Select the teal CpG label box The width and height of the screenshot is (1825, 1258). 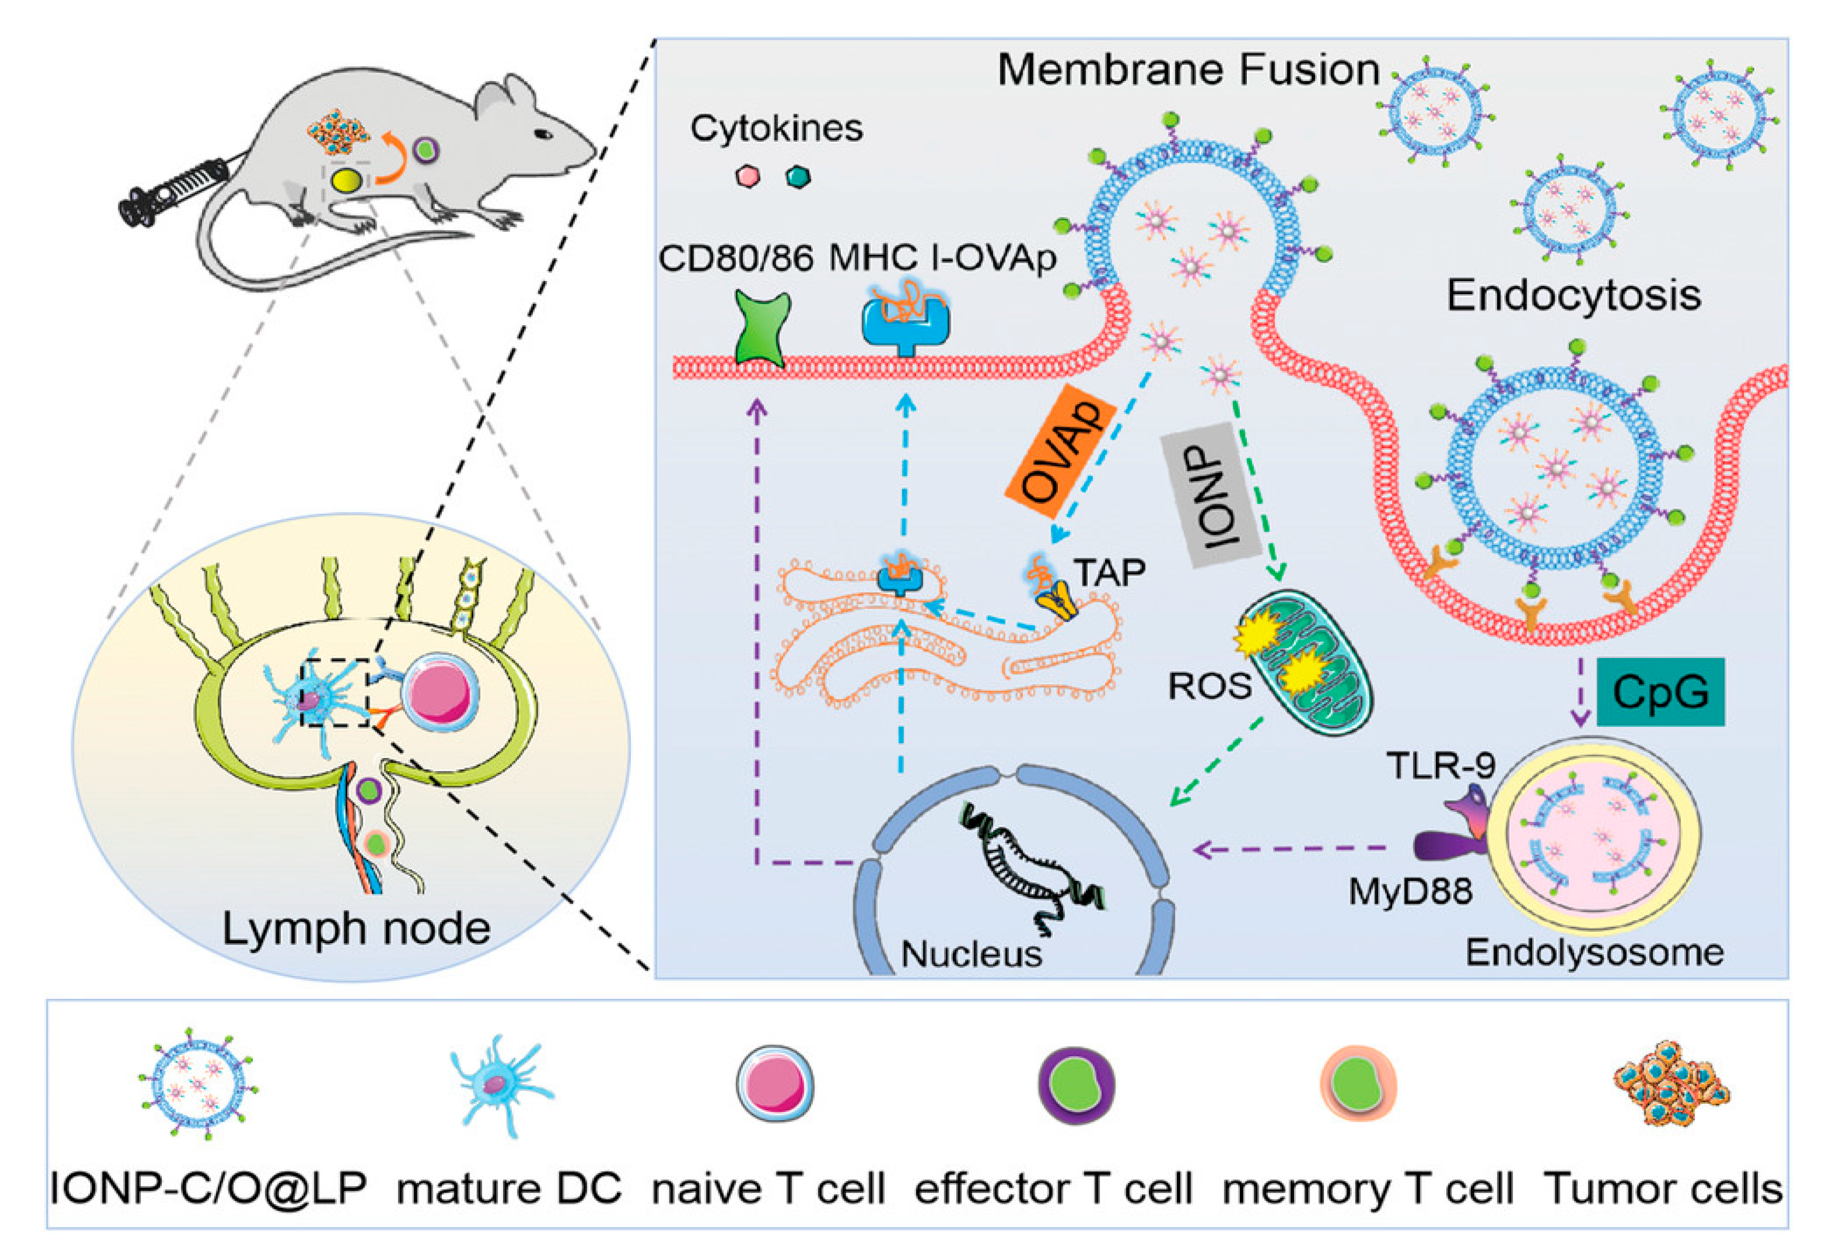pos(1659,692)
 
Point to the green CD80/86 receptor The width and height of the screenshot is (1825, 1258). pos(762,329)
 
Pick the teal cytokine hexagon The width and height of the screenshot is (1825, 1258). pos(798,176)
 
